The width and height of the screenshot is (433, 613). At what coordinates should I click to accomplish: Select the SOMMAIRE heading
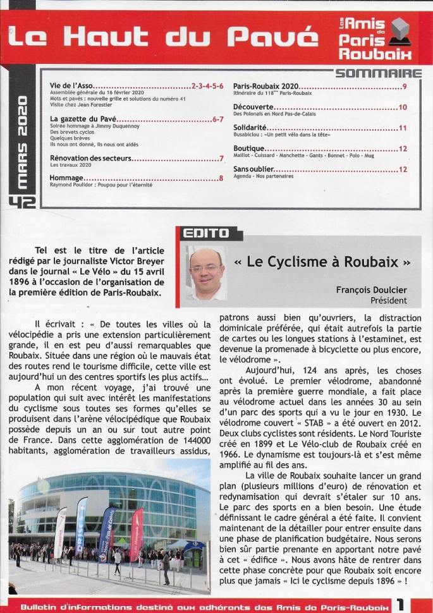coord(379,73)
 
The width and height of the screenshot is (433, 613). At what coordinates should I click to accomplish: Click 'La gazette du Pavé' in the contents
coord(86,118)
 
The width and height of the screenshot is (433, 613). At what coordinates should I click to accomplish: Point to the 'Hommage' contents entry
coord(67,178)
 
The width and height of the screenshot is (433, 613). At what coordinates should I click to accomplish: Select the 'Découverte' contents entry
coord(253,107)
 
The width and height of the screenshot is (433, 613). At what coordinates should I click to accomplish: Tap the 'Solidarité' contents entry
coord(252,128)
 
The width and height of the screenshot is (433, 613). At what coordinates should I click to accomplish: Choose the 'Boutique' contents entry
coord(249,148)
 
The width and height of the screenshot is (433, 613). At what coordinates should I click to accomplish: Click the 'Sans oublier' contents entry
coord(253,169)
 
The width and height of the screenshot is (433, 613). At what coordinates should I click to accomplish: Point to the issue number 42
coord(23,201)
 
